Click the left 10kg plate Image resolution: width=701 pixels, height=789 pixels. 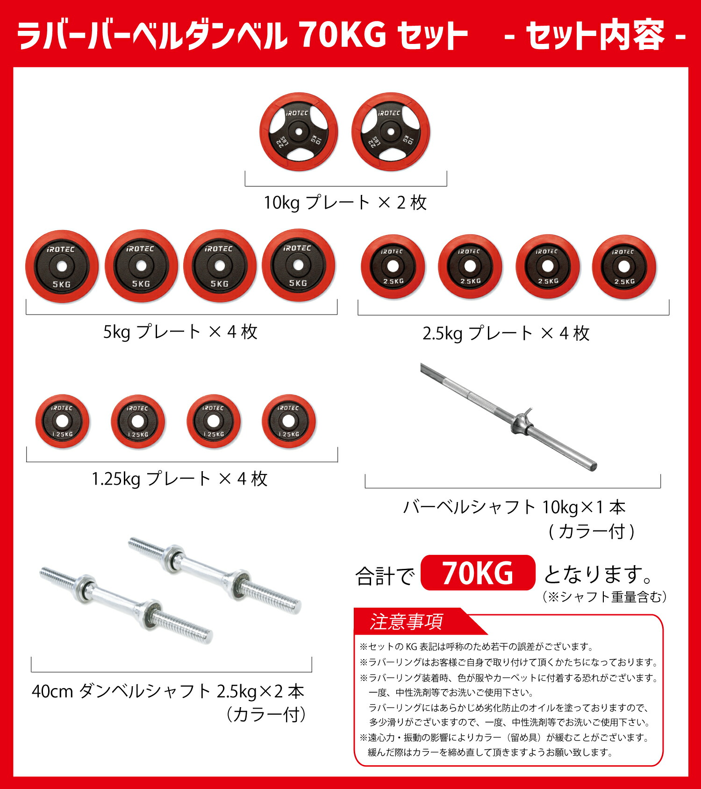click(298, 132)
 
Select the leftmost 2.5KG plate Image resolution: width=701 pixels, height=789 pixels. click(393, 266)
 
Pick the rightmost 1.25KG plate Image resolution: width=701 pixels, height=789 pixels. click(288, 421)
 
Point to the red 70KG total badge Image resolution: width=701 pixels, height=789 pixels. click(478, 573)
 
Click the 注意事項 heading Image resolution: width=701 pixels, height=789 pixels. click(406, 622)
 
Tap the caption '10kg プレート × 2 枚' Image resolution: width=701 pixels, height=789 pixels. click(345, 203)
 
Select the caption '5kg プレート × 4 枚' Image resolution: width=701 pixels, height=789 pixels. click(180, 332)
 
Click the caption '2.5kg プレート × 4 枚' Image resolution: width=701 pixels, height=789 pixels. click(506, 334)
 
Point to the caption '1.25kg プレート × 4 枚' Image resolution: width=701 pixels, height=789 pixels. click(179, 479)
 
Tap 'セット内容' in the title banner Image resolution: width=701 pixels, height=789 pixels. click(595, 36)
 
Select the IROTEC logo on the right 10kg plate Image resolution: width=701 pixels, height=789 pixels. click(389, 113)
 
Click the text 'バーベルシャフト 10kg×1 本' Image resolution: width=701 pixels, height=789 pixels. click(514, 508)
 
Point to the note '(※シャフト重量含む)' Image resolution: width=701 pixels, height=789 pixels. click(604, 597)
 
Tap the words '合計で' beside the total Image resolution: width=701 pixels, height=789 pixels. click(385, 576)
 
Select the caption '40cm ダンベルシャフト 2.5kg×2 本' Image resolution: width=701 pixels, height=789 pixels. click(168, 691)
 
